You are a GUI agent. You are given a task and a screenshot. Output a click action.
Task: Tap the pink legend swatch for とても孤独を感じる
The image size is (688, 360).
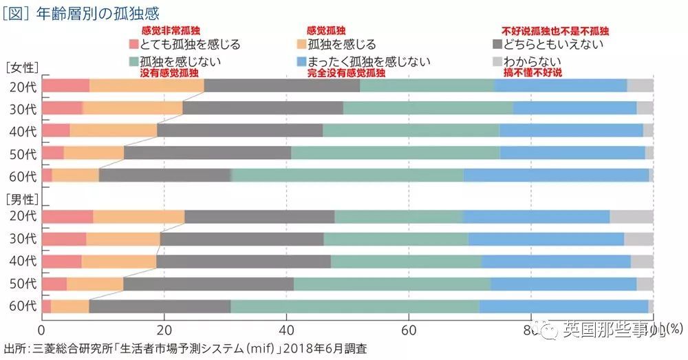pos(134,45)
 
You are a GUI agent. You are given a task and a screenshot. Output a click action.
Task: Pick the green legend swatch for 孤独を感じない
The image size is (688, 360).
pos(134,61)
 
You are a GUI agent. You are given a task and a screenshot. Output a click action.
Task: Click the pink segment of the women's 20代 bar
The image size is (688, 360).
pos(65,85)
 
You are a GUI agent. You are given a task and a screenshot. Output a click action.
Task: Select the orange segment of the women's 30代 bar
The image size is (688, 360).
pos(133,108)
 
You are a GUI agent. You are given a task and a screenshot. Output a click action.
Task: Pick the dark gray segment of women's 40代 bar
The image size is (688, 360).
pos(239,130)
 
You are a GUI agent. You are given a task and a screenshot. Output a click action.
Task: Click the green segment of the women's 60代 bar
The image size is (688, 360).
pos(347,175)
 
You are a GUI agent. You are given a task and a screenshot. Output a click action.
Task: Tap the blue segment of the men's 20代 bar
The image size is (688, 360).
pos(537,217)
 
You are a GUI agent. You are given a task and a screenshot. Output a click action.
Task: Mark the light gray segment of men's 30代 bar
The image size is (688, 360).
pos(638,239)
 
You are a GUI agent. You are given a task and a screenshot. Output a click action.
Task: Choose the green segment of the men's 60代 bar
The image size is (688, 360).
pos(355,306)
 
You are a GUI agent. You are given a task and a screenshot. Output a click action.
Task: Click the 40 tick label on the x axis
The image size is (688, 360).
pos(286,330)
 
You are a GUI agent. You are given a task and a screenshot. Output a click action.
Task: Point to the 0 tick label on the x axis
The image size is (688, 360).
pos(43,330)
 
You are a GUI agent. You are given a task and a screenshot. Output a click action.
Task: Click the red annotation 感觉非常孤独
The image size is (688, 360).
pos(170,32)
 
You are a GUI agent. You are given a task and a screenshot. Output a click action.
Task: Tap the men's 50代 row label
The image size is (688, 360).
pos(23,284)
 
